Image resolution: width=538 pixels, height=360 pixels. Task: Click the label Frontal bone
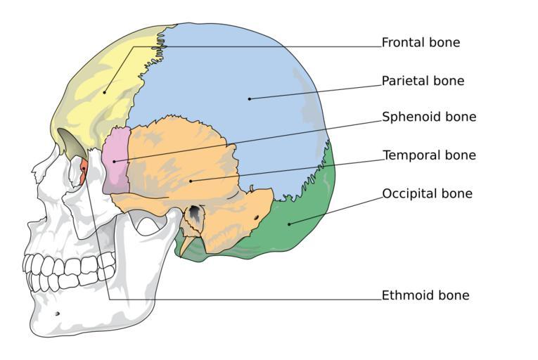(421, 43)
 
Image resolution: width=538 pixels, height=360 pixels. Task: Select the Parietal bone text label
(423, 81)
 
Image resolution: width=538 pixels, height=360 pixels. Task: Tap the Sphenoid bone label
(429, 117)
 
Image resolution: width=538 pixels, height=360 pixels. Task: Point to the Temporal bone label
(429, 155)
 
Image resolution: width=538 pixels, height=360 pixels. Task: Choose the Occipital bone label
(427, 193)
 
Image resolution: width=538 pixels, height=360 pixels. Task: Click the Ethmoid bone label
(425, 295)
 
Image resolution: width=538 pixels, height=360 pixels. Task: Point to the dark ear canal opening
(195, 213)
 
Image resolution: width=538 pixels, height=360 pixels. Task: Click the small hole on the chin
(57, 314)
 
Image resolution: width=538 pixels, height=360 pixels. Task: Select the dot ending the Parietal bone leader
(250, 99)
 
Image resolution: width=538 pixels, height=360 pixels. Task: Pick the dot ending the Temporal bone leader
(191, 181)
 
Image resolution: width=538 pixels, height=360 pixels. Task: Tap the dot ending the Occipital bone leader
(289, 224)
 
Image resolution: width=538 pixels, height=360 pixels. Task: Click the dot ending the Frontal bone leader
(104, 92)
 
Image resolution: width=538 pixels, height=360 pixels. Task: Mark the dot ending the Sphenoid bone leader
(114, 161)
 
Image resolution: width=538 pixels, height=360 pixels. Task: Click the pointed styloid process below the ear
(184, 246)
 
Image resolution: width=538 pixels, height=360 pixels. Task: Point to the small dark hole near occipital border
(257, 217)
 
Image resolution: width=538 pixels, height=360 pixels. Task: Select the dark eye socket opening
(72, 143)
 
